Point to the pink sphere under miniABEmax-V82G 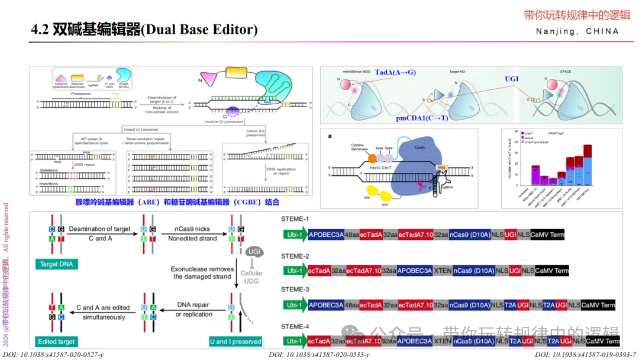pyautogui.click(x=344, y=85)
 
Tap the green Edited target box pyautogui.click(x=56, y=342)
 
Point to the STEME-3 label pyautogui.click(x=295, y=290)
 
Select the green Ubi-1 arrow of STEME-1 pyautogui.click(x=295, y=235)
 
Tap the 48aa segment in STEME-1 pyautogui.click(x=352, y=235)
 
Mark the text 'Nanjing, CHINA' pyautogui.click(x=577, y=31)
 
